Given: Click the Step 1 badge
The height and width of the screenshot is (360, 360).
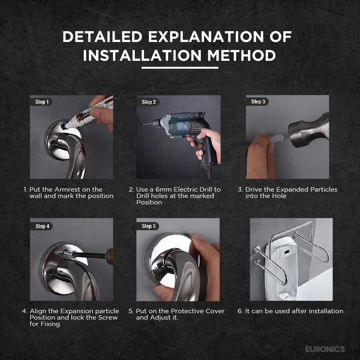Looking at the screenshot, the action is pos(42,102).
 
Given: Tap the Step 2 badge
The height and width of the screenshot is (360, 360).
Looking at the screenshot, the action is pos(148,102).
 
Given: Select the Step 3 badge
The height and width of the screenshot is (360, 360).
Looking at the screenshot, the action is pos(258,102).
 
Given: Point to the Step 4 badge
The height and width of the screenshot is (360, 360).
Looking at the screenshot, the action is pos(42,226).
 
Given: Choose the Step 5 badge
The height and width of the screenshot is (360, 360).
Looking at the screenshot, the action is pos(148,226).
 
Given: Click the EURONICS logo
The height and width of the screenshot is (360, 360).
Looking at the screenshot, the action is pos(325,349).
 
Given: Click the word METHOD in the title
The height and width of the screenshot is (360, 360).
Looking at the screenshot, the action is pos(241,56).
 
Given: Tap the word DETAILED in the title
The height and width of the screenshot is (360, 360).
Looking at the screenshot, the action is pos(102,36).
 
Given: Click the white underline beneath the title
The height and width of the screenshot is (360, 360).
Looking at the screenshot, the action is pos(180,68).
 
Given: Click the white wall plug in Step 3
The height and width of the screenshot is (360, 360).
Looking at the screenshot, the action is pos(276,138).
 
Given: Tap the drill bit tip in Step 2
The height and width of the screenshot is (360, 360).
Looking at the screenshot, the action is pos(142,124).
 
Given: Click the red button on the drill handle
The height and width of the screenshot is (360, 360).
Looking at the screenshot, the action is pos(201,146).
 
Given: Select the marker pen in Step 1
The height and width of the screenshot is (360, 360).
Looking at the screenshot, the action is pos(88,113).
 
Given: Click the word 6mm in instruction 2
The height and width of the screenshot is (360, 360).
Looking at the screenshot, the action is pos(164,190).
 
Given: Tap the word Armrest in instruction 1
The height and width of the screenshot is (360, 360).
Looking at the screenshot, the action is pos(67,190).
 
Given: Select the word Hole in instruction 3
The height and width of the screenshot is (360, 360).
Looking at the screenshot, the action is pos(279,196).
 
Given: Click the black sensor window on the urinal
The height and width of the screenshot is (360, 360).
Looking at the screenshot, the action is pos(286,252).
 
